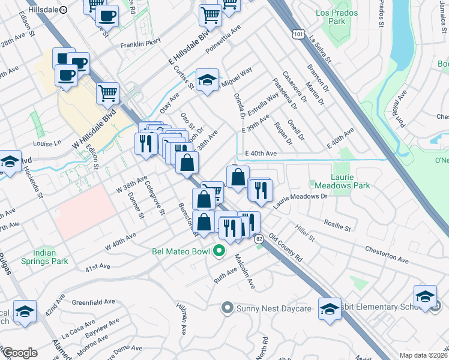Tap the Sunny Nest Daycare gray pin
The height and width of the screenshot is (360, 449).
pyautogui.click(x=227, y=308)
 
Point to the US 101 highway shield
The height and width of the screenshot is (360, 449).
pyautogui.click(x=298, y=31)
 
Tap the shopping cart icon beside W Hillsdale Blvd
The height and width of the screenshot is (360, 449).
pyautogui.click(x=108, y=93)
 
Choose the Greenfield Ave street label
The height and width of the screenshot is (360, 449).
pyautogui.click(x=92, y=301)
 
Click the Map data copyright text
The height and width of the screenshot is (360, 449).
pyautogui.click(x=424, y=355)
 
